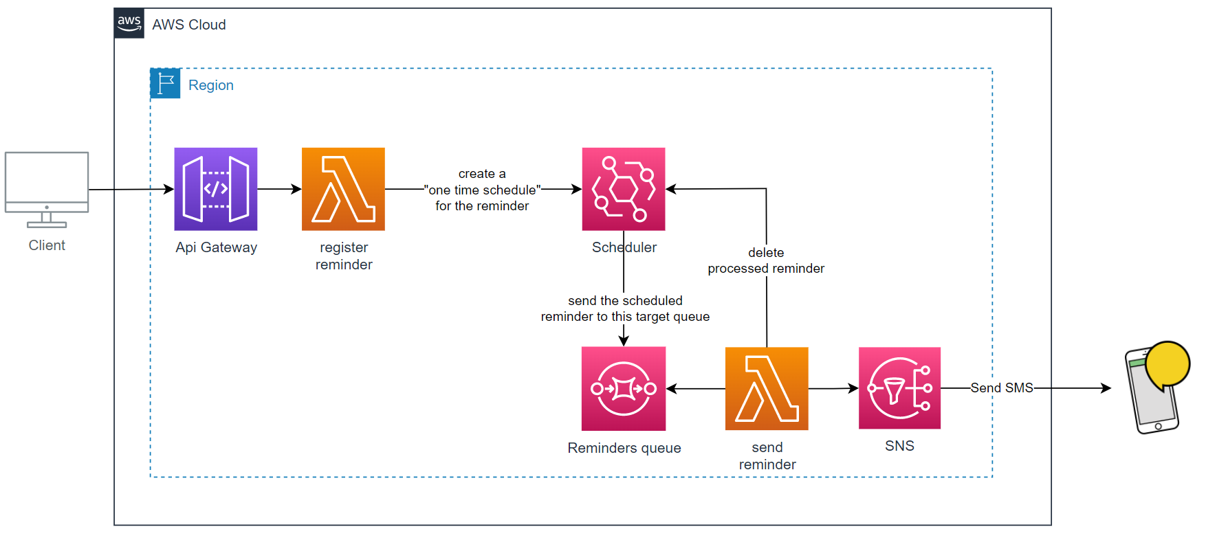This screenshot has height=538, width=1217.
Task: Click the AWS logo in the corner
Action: [x=129, y=24]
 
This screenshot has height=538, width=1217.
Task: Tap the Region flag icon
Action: [x=165, y=83]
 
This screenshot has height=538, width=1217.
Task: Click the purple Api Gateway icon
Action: [x=216, y=189]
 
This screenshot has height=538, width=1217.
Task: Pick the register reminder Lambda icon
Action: [x=343, y=189]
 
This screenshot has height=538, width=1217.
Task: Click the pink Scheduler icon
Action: [x=624, y=189]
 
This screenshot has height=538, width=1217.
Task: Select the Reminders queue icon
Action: [x=624, y=389]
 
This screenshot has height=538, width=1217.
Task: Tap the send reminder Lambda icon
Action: [x=767, y=389]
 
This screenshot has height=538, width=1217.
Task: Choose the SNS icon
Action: [x=899, y=388]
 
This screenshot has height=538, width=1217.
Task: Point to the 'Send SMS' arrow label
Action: [x=1002, y=388]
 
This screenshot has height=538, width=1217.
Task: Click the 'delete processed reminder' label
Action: [x=766, y=261]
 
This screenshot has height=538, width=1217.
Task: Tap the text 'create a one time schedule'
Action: [x=482, y=190]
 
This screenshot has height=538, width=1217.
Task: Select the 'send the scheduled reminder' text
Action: [x=625, y=309]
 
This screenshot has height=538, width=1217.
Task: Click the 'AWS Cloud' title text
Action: [x=189, y=25]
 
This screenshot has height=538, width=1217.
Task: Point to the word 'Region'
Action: [x=211, y=85]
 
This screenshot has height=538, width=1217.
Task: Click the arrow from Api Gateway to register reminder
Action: [x=279, y=189]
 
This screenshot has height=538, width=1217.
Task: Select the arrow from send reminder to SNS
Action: [x=833, y=389]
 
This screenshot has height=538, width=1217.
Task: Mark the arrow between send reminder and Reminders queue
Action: [x=695, y=389]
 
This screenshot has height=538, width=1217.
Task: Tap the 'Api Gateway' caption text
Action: [x=216, y=247]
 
